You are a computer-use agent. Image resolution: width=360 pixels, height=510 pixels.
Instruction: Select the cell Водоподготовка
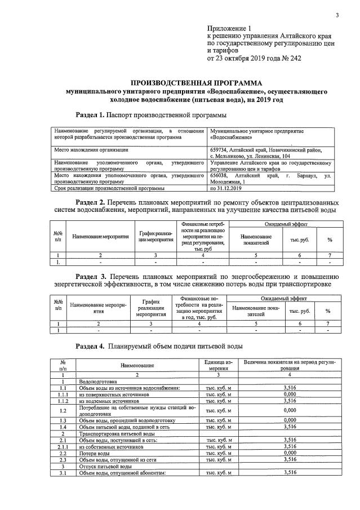(x=99, y=382)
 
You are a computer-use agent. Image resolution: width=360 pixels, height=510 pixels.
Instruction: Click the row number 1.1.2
(x=64, y=401)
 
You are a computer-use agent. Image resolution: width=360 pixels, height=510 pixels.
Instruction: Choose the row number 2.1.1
(x=64, y=446)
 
